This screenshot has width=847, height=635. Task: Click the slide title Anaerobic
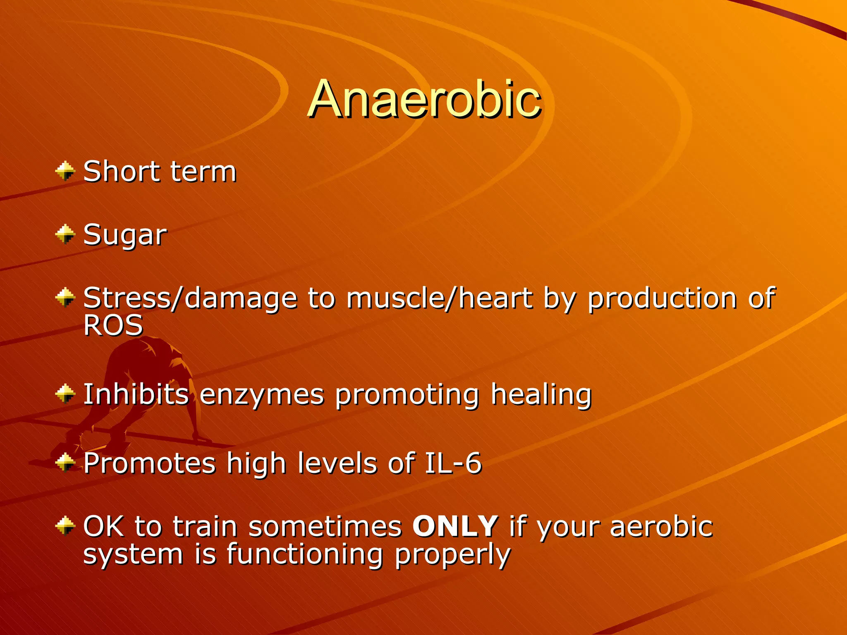[424, 99]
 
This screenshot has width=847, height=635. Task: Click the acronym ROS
[113, 325]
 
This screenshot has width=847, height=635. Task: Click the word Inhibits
[136, 394]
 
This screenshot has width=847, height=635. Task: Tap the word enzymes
[262, 395]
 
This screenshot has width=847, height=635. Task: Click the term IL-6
[453, 463]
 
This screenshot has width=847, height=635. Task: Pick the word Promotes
[149, 463]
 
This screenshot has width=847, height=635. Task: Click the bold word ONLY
[455, 526]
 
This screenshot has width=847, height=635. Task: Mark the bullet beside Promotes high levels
[65, 462]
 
